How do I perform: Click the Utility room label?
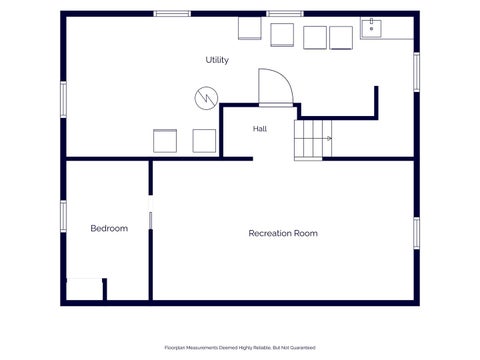(x=217, y=60)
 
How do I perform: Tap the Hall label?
(x=260, y=129)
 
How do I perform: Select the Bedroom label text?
(x=109, y=228)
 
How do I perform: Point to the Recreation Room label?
(x=283, y=233)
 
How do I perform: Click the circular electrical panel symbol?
(x=206, y=98)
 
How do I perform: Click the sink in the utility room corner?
(x=371, y=28)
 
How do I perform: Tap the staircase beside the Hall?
(x=313, y=140)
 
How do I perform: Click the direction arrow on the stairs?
(x=329, y=138)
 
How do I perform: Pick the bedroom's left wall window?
(x=63, y=216)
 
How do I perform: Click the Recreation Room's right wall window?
(x=417, y=233)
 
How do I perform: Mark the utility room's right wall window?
(x=417, y=72)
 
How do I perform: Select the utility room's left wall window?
(x=63, y=100)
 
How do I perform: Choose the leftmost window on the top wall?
(x=172, y=14)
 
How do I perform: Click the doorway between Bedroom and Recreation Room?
(x=151, y=212)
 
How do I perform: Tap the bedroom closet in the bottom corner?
(x=85, y=289)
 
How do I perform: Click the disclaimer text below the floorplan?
(x=240, y=348)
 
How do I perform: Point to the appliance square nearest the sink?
(x=341, y=38)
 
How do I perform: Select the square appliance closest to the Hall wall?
(x=204, y=141)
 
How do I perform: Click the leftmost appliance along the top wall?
(x=250, y=28)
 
